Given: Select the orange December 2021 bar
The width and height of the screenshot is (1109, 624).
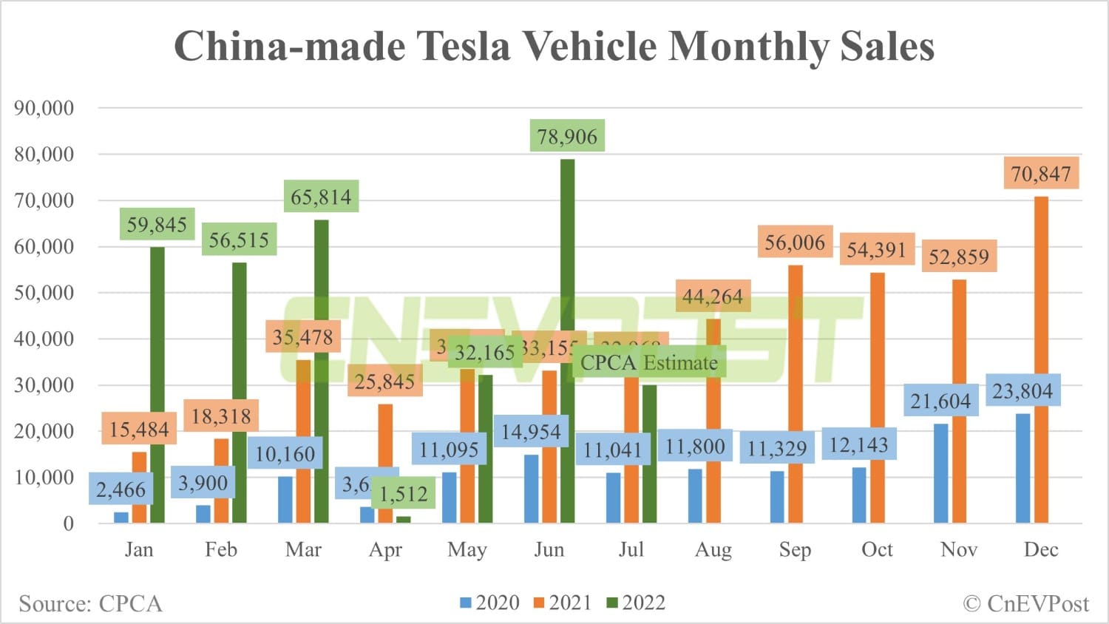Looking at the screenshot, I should click(1041, 362).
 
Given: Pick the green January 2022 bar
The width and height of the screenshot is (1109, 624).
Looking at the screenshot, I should click(157, 384).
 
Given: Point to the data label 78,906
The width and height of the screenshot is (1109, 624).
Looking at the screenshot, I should click(567, 136).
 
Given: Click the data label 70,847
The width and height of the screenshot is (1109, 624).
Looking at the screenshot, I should click(1041, 174).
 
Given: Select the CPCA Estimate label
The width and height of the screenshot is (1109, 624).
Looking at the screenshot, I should click(648, 362).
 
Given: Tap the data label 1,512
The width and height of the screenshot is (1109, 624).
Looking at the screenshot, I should click(403, 493).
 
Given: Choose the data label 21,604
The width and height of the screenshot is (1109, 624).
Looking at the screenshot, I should click(940, 401).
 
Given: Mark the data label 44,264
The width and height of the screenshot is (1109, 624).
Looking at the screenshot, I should click(712, 296).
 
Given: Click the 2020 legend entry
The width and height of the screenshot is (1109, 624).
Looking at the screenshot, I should click(489, 603).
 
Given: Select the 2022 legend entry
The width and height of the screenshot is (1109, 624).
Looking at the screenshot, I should click(636, 603).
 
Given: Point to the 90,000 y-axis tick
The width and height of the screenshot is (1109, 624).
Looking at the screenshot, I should click(44, 108).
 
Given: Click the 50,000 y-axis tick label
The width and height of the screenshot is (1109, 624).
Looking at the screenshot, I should click(44, 293).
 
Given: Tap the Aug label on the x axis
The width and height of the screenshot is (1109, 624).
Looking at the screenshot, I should click(713, 549).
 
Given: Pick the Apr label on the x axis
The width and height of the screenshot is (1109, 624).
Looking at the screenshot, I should click(385, 549).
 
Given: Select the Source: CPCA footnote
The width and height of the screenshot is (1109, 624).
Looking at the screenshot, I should click(90, 603).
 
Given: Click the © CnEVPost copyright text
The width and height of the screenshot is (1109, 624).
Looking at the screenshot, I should click(1025, 603).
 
